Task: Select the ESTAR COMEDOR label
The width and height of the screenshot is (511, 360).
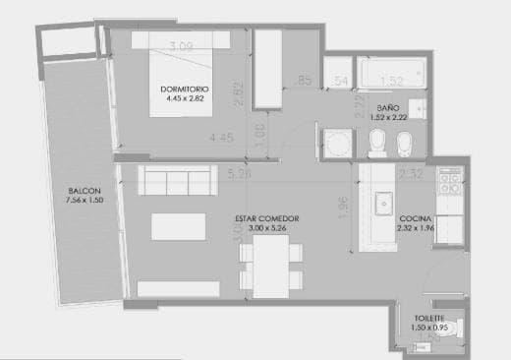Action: point(266,218)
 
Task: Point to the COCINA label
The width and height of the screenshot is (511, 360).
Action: point(413,218)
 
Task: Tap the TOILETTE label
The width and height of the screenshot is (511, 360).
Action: point(429,318)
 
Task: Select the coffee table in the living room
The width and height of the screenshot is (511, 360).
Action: point(178,226)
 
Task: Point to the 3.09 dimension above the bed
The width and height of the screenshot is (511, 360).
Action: point(180,45)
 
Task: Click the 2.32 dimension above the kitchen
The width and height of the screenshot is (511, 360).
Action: point(411,174)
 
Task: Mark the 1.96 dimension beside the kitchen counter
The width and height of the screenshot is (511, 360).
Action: point(343,210)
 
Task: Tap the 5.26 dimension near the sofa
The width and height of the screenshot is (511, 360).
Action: point(237,174)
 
